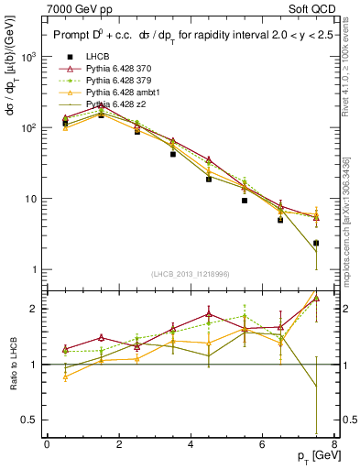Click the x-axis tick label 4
point(191,446)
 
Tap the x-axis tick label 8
point(333,446)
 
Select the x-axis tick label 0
point(47,446)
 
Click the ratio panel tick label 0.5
point(30,420)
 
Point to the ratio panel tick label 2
point(36,309)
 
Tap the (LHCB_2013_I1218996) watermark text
point(190,273)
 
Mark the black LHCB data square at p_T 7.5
point(316,244)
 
